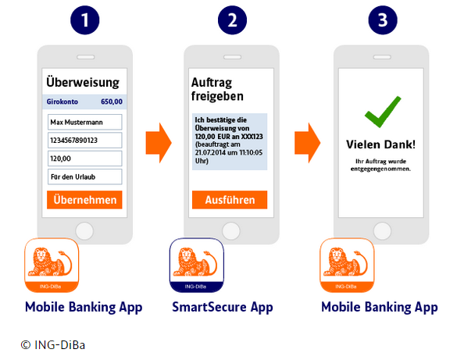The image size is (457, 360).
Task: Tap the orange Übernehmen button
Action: (84, 200)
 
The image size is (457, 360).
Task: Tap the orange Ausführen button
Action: (230, 200)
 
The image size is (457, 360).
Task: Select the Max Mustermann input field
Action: (84, 123)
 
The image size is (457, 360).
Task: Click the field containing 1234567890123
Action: (84, 141)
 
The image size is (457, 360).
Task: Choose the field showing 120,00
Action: (84, 159)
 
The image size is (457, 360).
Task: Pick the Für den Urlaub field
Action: (84, 177)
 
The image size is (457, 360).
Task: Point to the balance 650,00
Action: (112, 102)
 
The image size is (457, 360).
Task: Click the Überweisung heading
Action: (83, 81)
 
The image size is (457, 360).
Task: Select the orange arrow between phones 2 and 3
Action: (307, 141)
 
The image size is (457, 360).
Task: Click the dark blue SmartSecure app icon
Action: (197, 265)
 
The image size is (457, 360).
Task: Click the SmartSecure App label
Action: (223, 307)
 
